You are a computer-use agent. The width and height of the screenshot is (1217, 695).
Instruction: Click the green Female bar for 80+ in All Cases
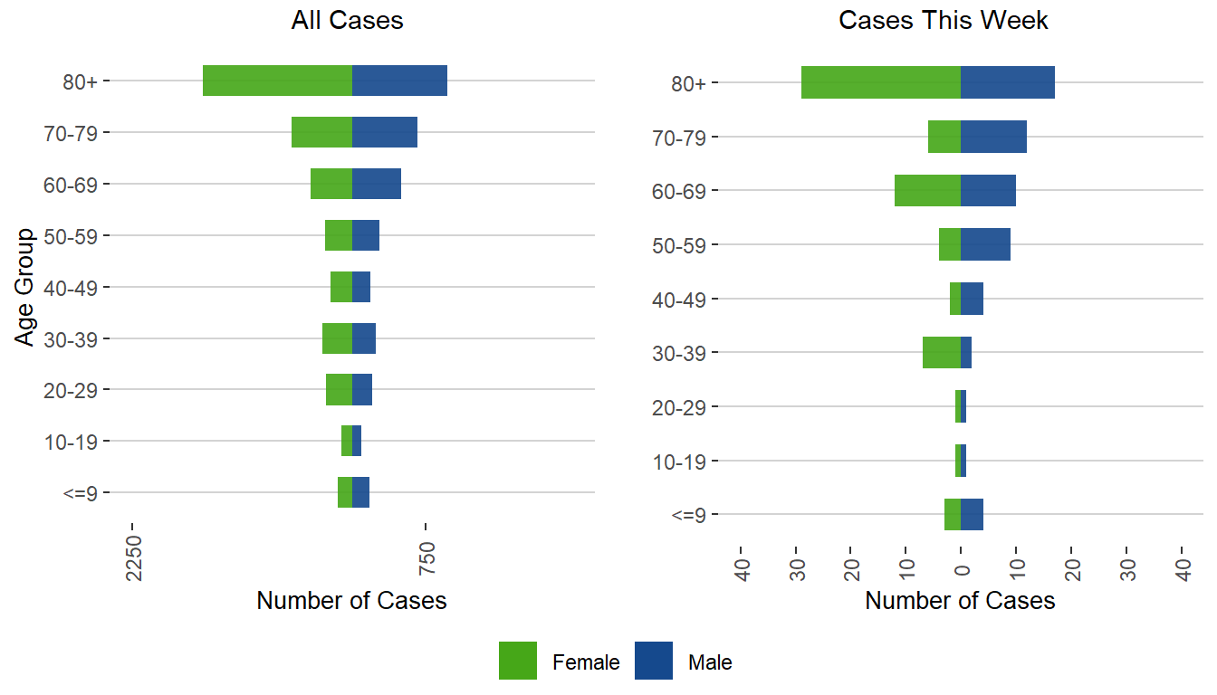pos(277,81)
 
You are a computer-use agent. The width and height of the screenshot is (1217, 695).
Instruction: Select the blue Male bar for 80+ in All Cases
pos(399,81)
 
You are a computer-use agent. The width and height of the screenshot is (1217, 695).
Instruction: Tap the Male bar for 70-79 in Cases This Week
pos(993,137)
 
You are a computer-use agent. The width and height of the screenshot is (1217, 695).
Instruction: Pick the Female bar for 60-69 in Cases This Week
pos(927,190)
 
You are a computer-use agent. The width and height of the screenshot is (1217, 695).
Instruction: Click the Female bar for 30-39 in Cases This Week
pos(942,352)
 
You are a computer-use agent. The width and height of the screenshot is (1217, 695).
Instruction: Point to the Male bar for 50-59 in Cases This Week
pos(985,244)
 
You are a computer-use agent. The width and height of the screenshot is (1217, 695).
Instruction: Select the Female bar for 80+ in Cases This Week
pos(881,82)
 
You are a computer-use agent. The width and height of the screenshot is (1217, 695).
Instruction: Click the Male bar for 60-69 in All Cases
pos(377,184)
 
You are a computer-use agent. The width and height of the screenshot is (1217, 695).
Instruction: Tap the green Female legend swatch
pos(518,661)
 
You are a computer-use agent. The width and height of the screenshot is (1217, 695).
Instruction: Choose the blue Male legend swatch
pos(654,661)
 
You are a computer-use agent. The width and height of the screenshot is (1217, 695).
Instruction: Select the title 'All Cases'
pos(347,21)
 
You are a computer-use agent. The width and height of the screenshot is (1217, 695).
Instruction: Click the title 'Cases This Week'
pos(944,21)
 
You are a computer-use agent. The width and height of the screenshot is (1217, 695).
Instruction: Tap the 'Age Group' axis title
pos(25,287)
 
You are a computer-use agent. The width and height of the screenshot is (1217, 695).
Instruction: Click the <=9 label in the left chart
pos(87,493)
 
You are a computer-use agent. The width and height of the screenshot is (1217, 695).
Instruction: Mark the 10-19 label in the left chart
pos(76,442)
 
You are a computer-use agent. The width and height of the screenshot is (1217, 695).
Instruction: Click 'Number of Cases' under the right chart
pos(960,601)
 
